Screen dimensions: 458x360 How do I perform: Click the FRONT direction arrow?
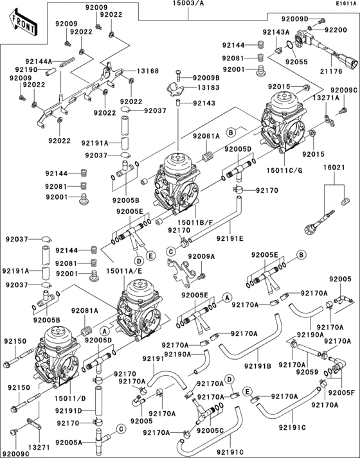[x=22, y=25]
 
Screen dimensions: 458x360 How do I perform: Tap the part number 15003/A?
[x=187, y=4]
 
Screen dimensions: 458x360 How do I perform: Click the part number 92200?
[x=336, y=30]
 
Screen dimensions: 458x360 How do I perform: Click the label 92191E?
[x=230, y=238]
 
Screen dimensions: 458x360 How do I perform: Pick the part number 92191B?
[x=258, y=366]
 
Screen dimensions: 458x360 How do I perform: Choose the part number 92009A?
[x=201, y=256]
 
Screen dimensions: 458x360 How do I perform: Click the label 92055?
[x=297, y=62]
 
